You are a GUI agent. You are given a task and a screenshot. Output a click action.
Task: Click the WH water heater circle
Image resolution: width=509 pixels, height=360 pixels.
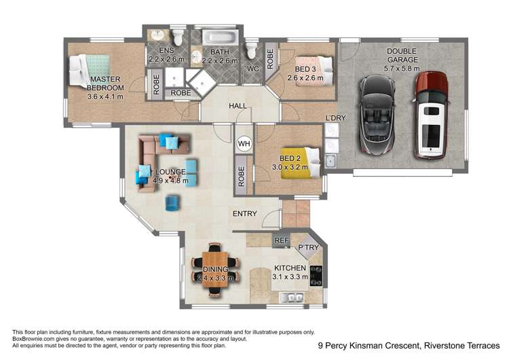point(244,144)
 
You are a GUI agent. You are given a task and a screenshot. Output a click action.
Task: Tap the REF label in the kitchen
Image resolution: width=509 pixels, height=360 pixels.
point(280,240)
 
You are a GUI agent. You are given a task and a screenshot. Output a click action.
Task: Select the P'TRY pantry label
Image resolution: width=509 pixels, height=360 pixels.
point(308,248)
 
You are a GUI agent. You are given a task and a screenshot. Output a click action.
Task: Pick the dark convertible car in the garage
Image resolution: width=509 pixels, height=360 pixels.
point(376,115)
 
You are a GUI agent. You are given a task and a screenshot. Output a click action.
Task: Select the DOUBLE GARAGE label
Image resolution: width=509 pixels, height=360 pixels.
point(402,55)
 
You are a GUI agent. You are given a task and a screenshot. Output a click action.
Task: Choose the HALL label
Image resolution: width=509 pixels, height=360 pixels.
point(238,106)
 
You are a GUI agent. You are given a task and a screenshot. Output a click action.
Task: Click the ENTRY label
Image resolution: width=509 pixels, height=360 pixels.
point(244,214)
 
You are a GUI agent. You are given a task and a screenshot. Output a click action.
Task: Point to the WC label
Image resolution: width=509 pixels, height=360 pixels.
point(253,69)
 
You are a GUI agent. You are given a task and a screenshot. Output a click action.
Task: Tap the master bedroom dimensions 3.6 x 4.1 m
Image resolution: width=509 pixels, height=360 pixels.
point(106,96)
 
